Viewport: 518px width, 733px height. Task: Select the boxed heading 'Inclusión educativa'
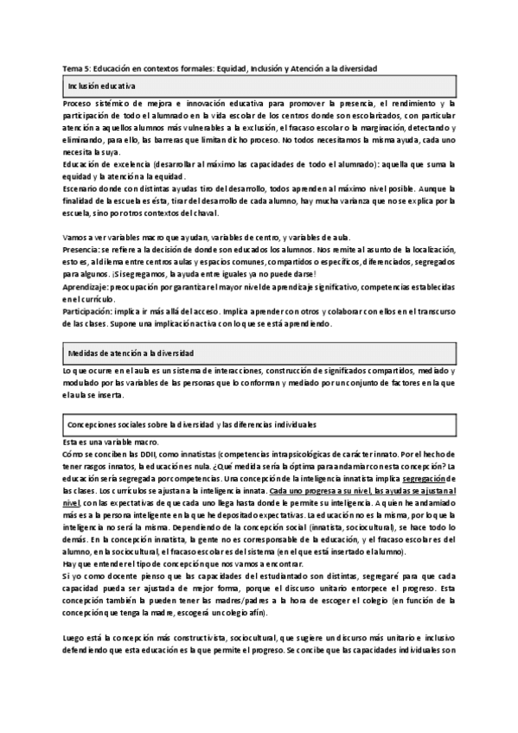101,88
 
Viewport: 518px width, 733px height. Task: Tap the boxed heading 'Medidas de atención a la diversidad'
131,354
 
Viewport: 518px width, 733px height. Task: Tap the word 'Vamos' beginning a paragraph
77,236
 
